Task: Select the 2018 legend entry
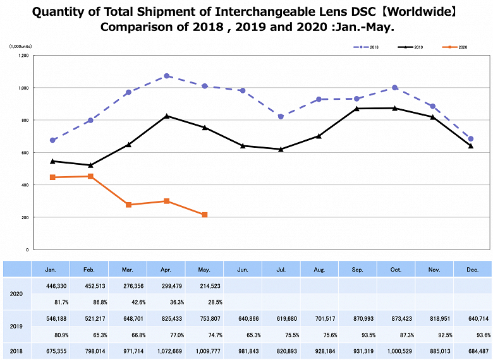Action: tap(367, 47)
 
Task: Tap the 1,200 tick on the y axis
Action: tap(23, 56)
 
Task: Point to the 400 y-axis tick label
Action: tap(25, 185)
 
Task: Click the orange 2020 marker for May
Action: tap(205, 215)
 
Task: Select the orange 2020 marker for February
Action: tap(90, 176)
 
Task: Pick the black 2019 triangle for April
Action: tap(167, 116)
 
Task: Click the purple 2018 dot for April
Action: tap(167, 76)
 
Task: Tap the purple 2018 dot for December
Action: tap(471, 139)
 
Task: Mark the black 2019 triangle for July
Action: tap(281, 149)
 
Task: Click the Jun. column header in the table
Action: tap(243, 270)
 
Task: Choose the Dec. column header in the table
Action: tap(472, 270)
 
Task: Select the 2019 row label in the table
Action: tap(16, 326)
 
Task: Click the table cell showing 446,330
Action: tap(51, 285)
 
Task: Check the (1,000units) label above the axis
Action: tap(20, 47)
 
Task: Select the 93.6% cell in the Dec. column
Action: tap(472, 335)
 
